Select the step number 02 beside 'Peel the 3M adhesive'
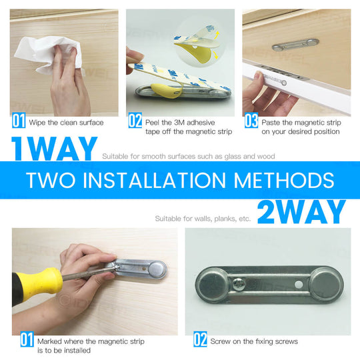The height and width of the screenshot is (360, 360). [x=135, y=121]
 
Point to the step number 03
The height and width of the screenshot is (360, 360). [x=251, y=121]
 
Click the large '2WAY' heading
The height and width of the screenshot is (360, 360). [x=301, y=212]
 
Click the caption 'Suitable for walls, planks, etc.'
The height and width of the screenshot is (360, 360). [x=203, y=218]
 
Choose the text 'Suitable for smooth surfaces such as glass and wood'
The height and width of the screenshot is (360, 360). [x=188, y=157]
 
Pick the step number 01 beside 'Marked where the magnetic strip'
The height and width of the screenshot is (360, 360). [x=26, y=340]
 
